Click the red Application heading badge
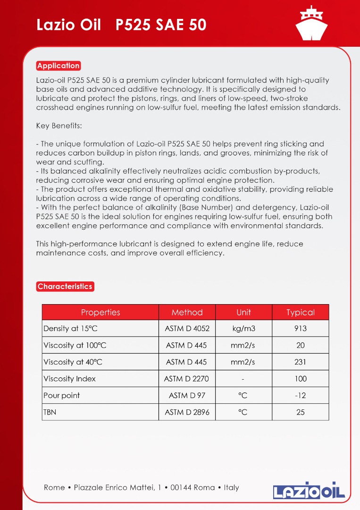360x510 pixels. tap(59, 66)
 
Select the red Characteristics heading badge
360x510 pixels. tap(65, 286)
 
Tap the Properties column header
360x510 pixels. tap(100, 312)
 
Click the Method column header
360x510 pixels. tap(187, 312)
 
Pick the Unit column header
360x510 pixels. tap(243, 312)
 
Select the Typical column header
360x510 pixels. tap(300, 312)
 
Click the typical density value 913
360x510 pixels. tap(300, 329)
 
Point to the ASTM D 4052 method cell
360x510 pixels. tap(187, 329)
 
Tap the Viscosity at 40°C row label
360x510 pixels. tap(73, 362)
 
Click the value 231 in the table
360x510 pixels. tap(300, 362)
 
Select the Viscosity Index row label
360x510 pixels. tap(69, 379)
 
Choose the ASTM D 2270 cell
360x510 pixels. tap(186, 379)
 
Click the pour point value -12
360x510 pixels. tap(300, 396)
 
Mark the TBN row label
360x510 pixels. tap(50, 412)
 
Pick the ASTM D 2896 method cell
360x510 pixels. tap(187, 412)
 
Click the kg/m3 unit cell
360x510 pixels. tap(243, 329)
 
